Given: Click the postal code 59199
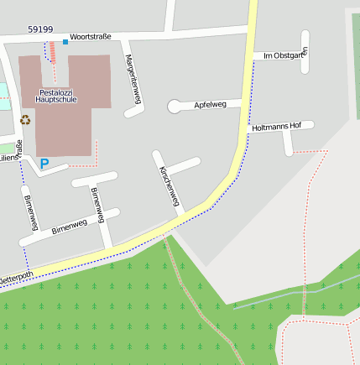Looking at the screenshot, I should pyautogui.click(x=40, y=29).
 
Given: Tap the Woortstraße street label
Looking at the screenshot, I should pyautogui.click(x=91, y=37).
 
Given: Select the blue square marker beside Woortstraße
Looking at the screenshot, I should pyautogui.click(x=65, y=41).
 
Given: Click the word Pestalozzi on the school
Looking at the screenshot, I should pyautogui.click(x=58, y=91).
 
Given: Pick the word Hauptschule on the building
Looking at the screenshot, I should pyautogui.click(x=58, y=99).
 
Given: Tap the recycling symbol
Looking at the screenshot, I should pyautogui.click(x=24, y=120).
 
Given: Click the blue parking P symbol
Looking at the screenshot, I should pyautogui.click(x=44, y=164).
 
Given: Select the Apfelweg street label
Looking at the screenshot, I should pyautogui.click(x=210, y=105).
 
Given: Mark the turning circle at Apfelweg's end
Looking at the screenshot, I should pyautogui.click(x=174, y=107).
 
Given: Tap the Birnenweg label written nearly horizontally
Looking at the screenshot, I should pyautogui.click(x=69, y=226).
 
